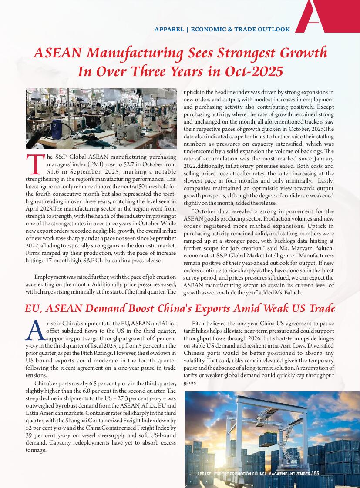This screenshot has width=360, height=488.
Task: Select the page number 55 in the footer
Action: tap(316, 473)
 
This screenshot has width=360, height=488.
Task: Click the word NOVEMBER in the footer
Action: tap(299, 474)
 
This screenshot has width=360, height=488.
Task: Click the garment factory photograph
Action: tap(101, 118)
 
